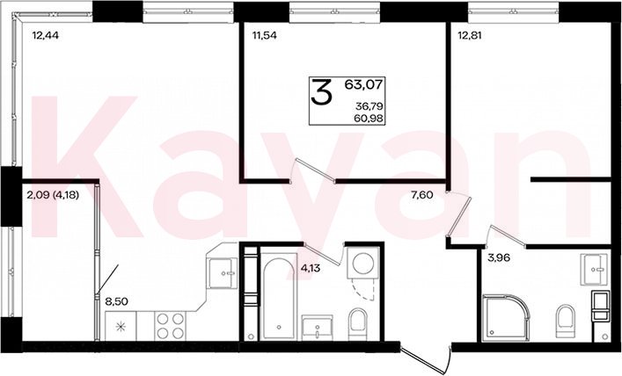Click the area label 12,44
tap(46, 36)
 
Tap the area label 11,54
tap(265, 36)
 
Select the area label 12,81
tap(469, 36)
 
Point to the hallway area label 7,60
tap(421, 195)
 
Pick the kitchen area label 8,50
tap(117, 301)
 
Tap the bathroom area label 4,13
tap(311, 269)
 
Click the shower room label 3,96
tap(499, 258)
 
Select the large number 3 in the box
tap(321, 92)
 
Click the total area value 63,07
tap(363, 84)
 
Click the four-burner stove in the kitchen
tap(170, 326)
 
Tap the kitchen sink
tap(223, 273)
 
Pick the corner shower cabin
tap(505, 318)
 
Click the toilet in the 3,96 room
tap(565, 322)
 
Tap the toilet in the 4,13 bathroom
tap(358, 324)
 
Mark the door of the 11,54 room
tap(313, 170)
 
